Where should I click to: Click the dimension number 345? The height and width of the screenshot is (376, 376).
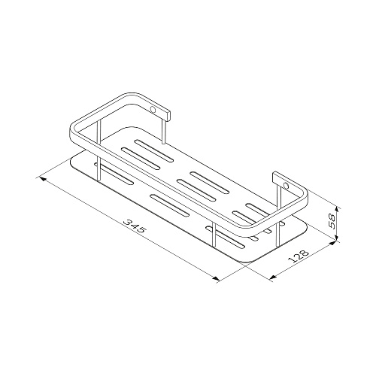pos(135,226)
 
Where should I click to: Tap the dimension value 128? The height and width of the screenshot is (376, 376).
pos(299,256)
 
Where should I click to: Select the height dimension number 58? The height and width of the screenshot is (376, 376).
pos(332,221)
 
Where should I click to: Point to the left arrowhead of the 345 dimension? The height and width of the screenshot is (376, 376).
pos(43,179)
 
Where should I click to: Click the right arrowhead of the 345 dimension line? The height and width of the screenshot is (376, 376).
pos(216,278)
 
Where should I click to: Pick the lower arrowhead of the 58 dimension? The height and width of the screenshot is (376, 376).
pos(337,236)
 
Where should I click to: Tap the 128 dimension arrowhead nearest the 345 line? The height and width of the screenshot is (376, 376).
pos(273,277)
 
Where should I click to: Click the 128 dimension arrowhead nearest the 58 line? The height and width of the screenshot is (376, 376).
pos(332,243)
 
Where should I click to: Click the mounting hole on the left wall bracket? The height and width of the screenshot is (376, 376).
pos(153,110)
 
